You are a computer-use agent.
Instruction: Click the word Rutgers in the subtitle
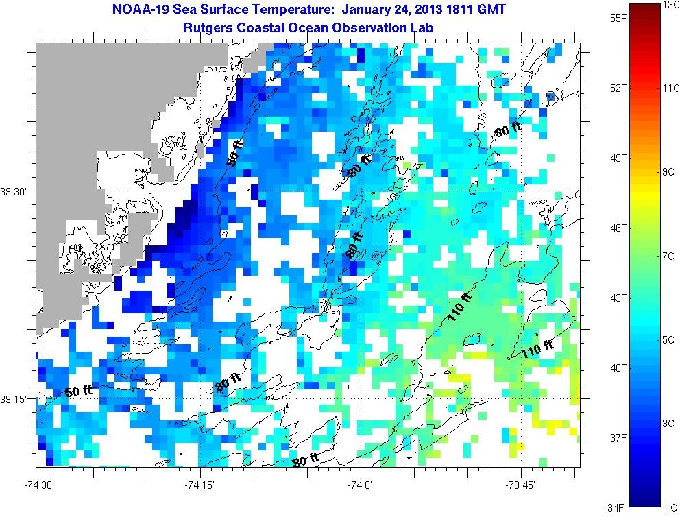click(x=206, y=27)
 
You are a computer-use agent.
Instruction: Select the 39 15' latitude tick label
click(x=16, y=399)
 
